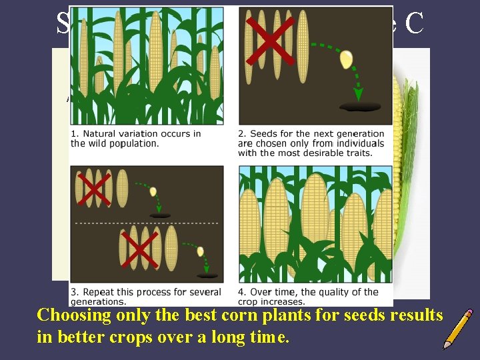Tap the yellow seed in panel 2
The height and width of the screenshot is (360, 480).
(346, 59)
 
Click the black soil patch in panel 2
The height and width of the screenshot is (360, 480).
(360, 107)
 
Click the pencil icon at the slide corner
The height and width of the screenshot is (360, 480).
(457, 328)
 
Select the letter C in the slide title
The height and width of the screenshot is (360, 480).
(414, 23)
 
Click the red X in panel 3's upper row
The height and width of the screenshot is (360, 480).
(93, 189)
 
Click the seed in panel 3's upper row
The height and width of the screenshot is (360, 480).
(153, 192)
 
